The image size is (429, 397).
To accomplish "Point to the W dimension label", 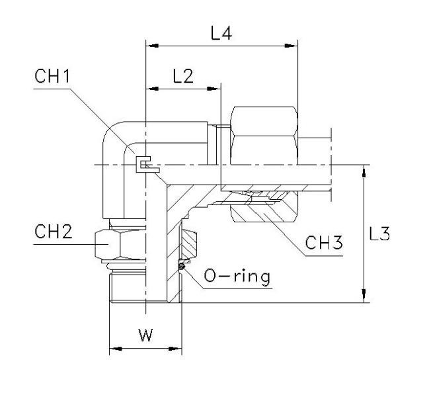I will point(145,335).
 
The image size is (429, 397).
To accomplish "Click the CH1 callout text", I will point(52,77).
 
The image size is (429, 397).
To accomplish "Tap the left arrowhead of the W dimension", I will point(112,348).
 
